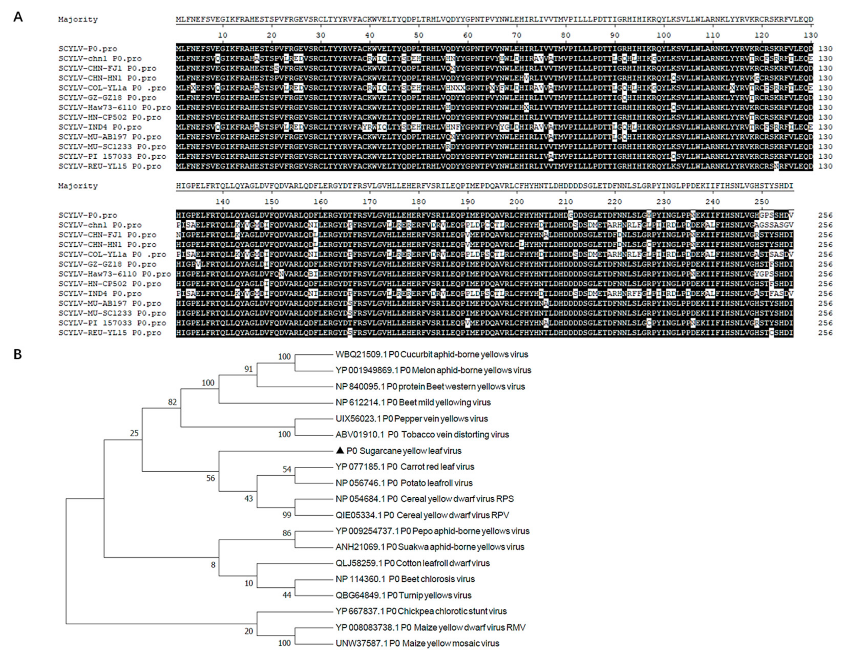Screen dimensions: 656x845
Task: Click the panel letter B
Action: click(x=18, y=354)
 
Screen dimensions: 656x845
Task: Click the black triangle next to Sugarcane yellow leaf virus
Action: click(x=340, y=450)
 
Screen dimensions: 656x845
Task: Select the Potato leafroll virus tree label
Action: click(x=404, y=483)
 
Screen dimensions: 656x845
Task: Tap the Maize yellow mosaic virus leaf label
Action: click(x=417, y=643)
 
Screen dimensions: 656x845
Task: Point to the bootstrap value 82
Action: click(x=172, y=402)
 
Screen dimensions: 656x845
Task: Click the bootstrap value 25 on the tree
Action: click(x=134, y=433)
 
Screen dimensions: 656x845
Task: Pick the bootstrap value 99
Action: click(x=287, y=515)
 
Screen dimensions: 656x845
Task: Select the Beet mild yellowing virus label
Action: click(x=413, y=402)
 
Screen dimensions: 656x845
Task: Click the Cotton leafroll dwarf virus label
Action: click(x=413, y=563)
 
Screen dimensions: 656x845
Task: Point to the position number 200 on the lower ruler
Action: click(x=516, y=202)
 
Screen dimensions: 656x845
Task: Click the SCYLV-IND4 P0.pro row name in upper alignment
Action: click(x=100, y=127)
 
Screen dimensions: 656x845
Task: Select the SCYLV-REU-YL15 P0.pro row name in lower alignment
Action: click(x=110, y=333)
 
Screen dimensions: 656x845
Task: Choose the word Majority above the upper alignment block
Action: click(x=78, y=19)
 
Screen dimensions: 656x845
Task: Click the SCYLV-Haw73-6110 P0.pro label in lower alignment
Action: click(x=114, y=274)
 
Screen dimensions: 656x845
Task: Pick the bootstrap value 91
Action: click(x=248, y=369)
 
